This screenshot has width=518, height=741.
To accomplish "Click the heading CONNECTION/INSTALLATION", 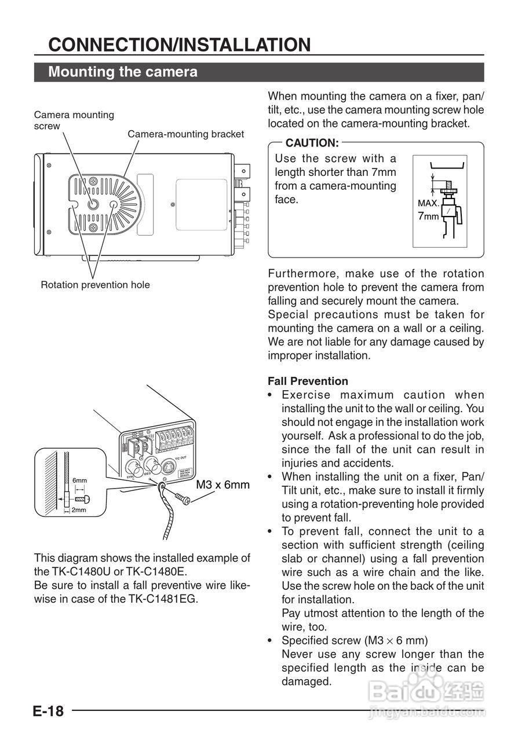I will [180, 45].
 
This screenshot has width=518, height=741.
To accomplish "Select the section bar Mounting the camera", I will [123, 72].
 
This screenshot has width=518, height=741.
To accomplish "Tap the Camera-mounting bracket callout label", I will [185, 134].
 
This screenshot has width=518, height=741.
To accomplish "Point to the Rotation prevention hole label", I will [95, 285].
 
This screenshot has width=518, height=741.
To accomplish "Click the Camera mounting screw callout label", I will [74, 120].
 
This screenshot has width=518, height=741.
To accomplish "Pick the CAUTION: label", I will [312, 142].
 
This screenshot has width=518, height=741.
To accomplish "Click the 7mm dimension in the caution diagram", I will [428, 217].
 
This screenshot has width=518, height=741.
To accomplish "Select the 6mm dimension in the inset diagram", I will [79, 480].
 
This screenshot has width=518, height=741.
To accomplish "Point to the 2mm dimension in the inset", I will [79, 510].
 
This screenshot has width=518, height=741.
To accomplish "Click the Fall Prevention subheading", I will [308, 381].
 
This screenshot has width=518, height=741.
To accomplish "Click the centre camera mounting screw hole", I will [93, 204].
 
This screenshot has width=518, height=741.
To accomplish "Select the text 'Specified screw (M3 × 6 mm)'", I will [355, 640].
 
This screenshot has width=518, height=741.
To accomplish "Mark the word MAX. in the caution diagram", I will [428, 204].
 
